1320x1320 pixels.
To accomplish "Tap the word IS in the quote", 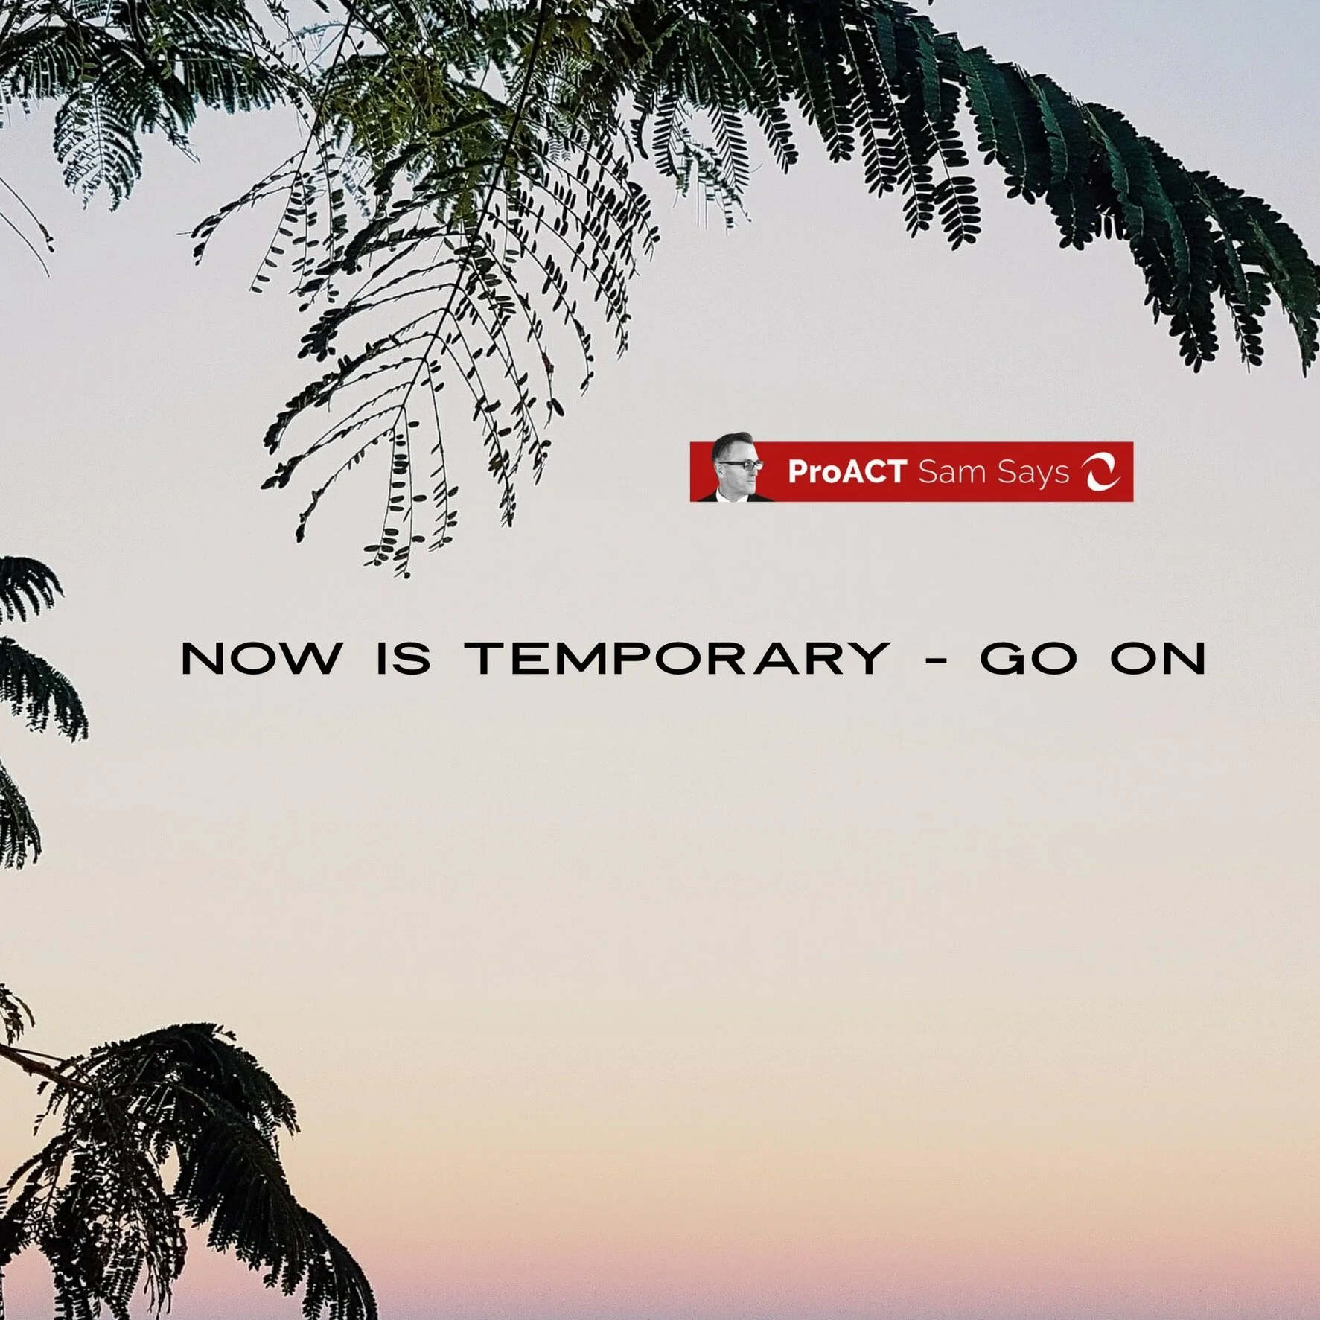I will (403, 658).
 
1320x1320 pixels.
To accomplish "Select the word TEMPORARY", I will (677, 658).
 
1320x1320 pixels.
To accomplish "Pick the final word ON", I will (1158, 658).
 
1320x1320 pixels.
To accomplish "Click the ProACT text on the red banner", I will (846, 472).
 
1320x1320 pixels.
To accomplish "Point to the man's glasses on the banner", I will (742, 465).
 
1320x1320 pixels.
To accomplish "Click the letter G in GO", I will (1004, 658).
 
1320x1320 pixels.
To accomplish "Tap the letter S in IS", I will (416, 658).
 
